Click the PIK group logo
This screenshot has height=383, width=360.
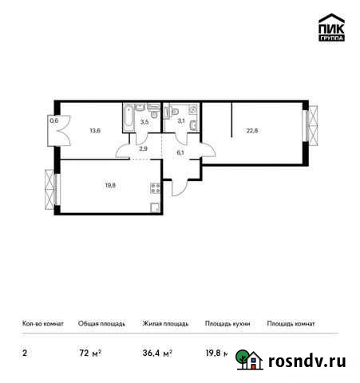pos(331,29)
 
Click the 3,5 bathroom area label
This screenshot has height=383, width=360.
pos(144,123)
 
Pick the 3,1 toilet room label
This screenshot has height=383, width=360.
pos(182,121)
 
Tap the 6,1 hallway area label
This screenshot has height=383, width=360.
pos(180,152)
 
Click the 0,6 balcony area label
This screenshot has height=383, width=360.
pos(53,121)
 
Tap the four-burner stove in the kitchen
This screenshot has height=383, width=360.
pos(154,189)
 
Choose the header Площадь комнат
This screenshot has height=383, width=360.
pos(291,323)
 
